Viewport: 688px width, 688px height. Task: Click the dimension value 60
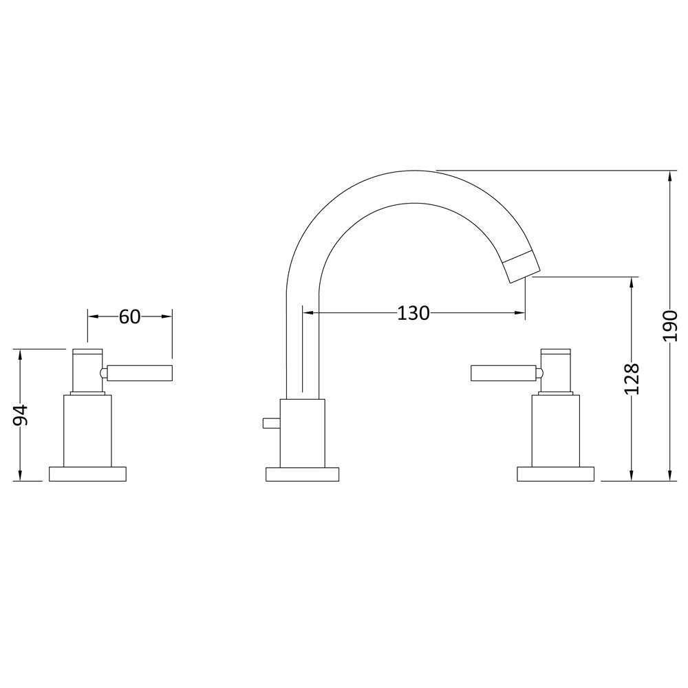point(129,316)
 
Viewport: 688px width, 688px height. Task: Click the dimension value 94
point(20,415)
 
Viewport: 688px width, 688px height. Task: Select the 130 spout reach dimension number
point(413,313)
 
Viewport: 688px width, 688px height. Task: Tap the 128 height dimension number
point(632,378)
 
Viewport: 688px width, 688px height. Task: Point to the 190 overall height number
point(670,325)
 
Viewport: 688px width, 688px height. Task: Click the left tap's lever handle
point(140,373)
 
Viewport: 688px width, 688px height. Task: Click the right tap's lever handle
point(504,373)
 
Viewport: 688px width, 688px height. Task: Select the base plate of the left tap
point(88,474)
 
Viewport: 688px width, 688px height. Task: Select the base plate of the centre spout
point(302,474)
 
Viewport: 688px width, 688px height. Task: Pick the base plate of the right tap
point(555,474)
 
